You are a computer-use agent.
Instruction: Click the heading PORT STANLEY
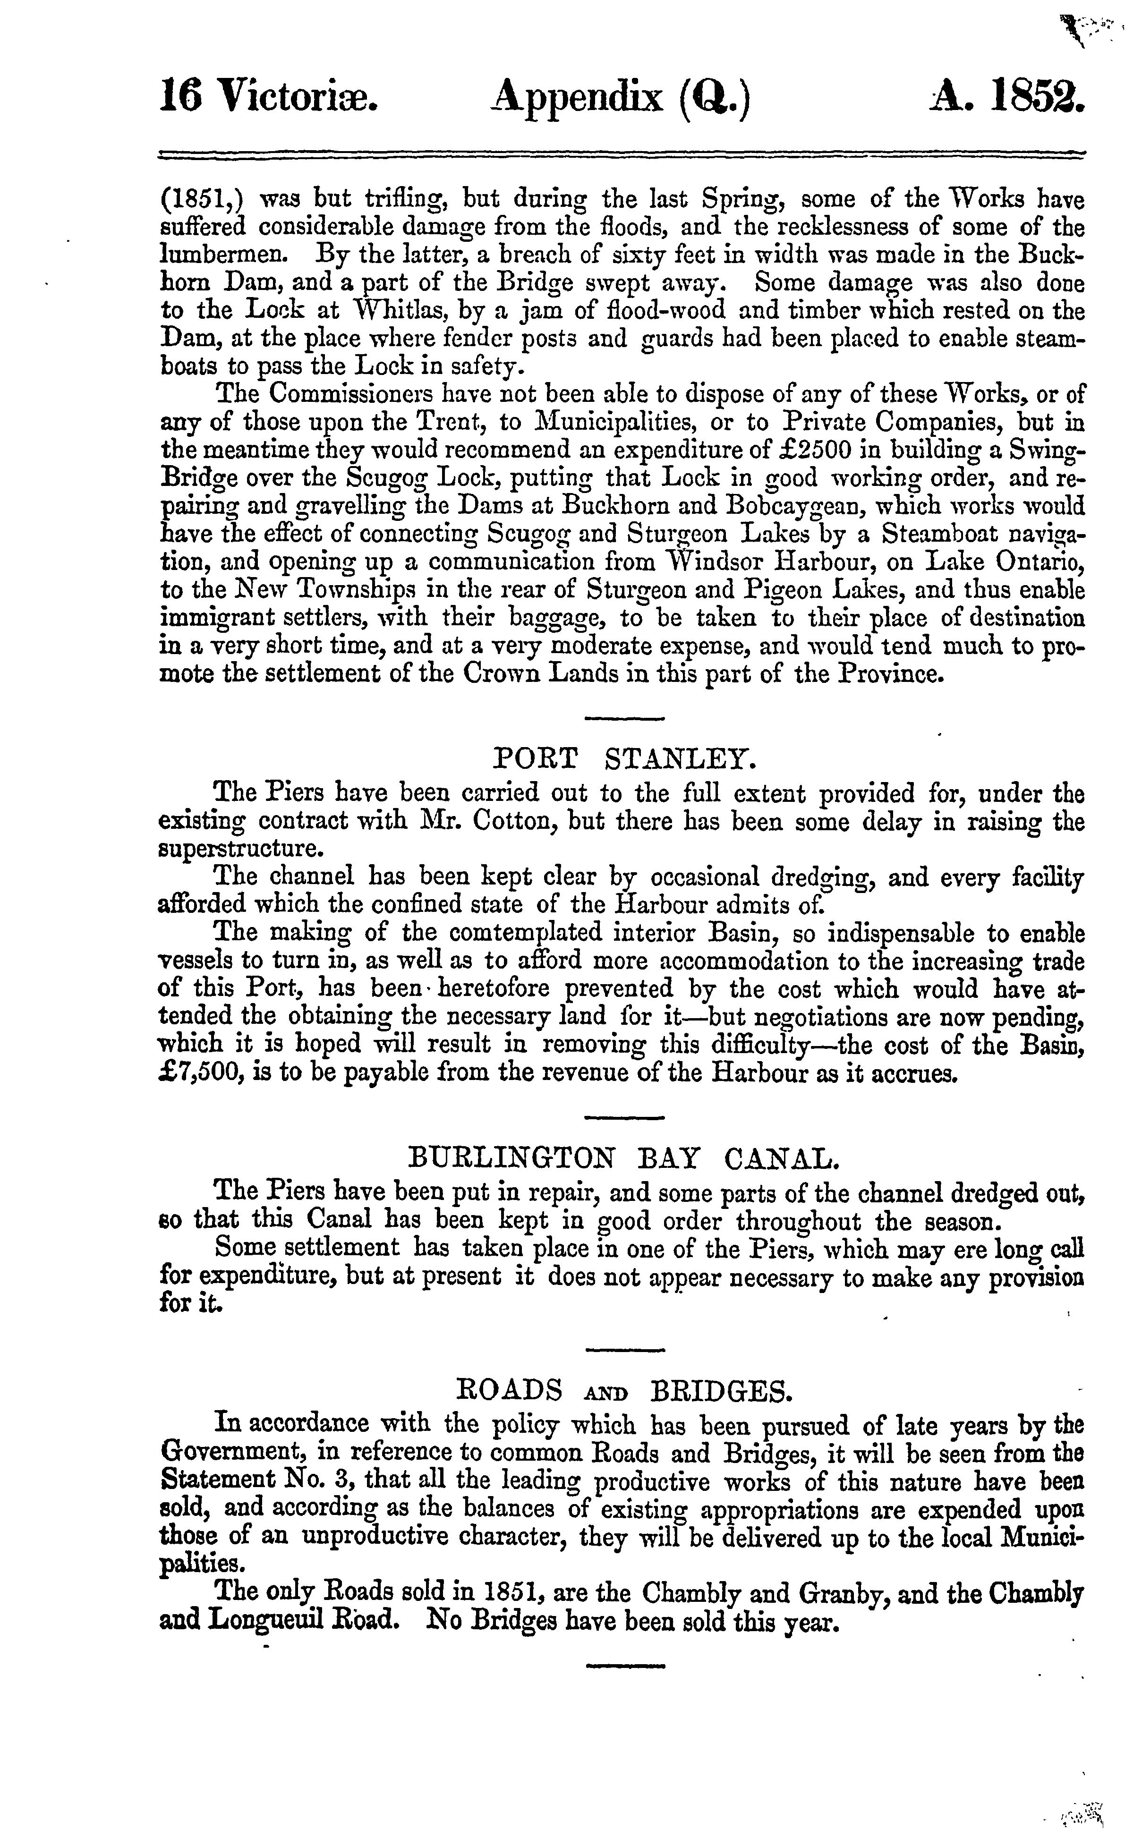625,759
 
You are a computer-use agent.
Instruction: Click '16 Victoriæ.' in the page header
270,97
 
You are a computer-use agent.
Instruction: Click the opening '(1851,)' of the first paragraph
199,199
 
